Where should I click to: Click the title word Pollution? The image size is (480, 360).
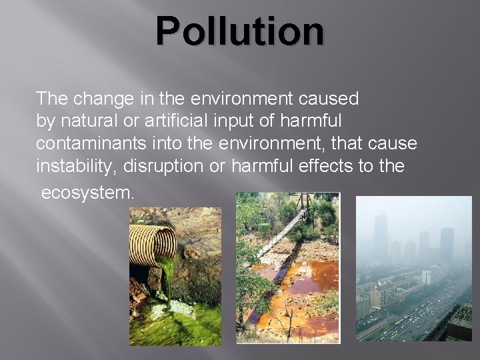[x=240, y=32]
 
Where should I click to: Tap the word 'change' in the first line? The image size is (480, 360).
[x=95, y=99]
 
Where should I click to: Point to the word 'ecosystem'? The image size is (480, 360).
[x=88, y=193]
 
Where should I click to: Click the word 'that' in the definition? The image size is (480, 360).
[x=349, y=143]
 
